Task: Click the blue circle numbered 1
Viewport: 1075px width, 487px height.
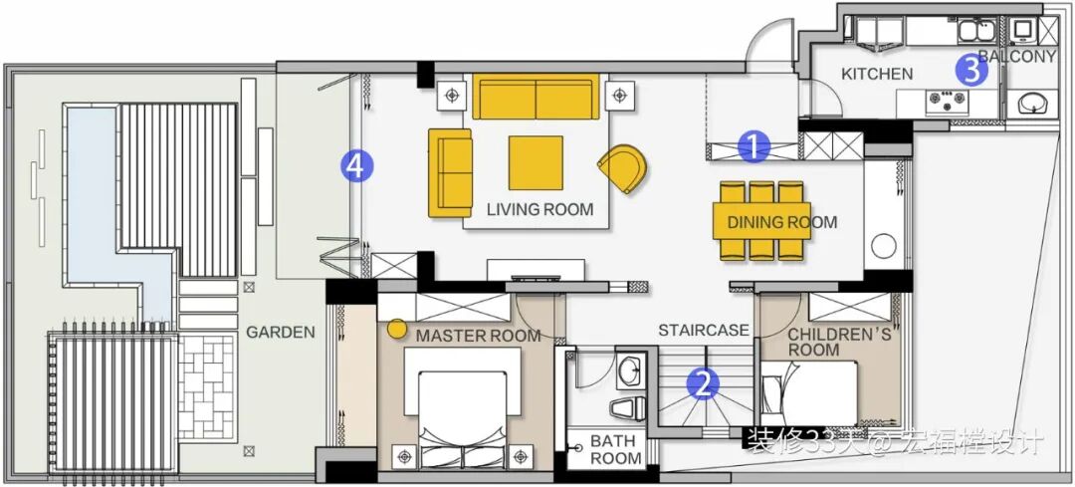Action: click(753, 146)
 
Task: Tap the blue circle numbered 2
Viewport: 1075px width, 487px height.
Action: click(704, 384)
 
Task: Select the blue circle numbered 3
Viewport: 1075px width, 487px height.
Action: click(971, 70)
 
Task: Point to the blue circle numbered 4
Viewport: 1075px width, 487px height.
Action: click(357, 165)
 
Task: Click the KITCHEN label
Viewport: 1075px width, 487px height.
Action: click(877, 74)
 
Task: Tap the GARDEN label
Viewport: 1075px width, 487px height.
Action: click(281, 333)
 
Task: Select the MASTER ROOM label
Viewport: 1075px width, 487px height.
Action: click(479, 336)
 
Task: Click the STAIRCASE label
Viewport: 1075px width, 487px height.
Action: click(704, 331)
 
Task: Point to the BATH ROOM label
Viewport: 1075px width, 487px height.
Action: click(613, 449)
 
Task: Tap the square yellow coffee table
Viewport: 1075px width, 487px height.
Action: click(536, 162)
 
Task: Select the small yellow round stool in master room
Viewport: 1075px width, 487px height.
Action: click(397, 329)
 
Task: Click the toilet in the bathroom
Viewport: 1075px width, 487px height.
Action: click(627, 408)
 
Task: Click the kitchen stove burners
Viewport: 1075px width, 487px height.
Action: click(947, 103)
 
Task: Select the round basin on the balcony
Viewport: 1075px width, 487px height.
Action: click(1030, 103)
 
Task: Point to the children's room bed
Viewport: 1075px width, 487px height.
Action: click(809, 393)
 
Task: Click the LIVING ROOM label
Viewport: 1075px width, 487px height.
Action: click(540, 209)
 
